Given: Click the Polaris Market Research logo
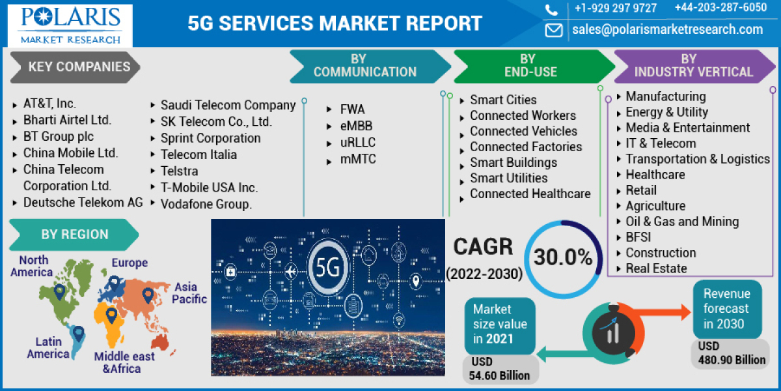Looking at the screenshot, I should (x=70, y=24).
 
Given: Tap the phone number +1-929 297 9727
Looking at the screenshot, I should (x=615, y=8).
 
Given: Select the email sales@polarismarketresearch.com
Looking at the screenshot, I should (x=667, y=29).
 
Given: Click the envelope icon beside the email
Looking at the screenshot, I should (x=554, y=30).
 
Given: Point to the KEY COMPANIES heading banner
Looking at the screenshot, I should (x=78, y=66).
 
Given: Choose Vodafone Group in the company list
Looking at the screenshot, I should (x=206, y=204).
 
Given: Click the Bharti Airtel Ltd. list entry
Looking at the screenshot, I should (x=67, y=120).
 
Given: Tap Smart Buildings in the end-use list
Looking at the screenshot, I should (x=514, y=162).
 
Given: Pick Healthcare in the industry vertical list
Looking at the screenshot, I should (x=655, y=175).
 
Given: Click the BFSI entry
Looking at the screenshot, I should (x=638, y=237).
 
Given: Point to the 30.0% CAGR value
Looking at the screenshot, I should (x=563, y=257).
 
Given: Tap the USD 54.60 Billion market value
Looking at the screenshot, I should (x=499, y=369).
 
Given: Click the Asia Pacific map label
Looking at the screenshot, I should (x=189, y=293).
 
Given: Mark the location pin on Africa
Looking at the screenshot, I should (x=111, y=316).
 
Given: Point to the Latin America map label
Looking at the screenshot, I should (x=48, y=348).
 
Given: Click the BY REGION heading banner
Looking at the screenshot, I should (x=74, y=235).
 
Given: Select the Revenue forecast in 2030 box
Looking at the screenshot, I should (x=726, y=309).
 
